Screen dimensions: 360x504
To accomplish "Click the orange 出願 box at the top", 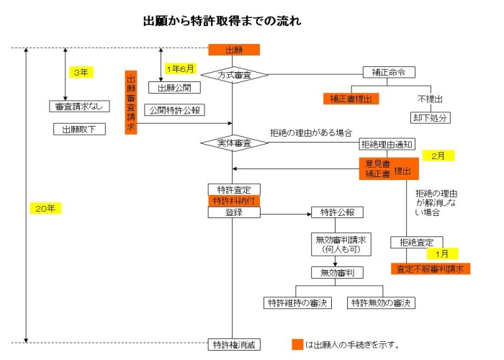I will tap(233, 50).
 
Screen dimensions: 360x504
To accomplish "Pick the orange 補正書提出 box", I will tap(351, 99).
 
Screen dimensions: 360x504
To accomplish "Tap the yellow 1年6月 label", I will tap(180, 68).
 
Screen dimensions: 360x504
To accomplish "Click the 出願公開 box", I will tap(174, 88).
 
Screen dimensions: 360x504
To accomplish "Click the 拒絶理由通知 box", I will tap(386, 144).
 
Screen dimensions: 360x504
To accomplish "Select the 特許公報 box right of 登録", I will tap(337, 212).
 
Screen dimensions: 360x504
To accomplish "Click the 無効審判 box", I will tap(336, 272).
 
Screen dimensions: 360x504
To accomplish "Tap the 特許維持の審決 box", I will tap(297, 302).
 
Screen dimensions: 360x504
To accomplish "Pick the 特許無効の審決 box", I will tap(382, 302).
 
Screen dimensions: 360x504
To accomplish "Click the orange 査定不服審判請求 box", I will tap(431, 269).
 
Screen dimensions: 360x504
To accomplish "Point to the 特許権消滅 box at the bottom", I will tap(233, 345).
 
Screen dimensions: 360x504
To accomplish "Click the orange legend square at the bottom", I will tap(297, 345).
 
